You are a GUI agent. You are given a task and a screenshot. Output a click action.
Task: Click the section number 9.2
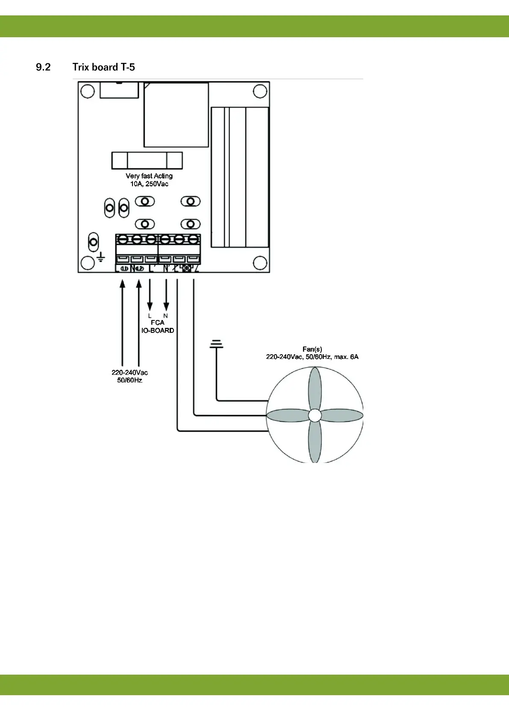43,67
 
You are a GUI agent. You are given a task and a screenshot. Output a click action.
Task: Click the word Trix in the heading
81,67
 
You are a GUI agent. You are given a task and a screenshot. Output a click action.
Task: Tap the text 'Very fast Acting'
149,176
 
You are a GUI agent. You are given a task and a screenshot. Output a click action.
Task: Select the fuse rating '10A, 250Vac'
149,184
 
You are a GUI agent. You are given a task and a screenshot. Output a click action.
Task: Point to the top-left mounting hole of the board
88,92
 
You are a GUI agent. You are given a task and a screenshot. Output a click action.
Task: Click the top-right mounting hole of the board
260,91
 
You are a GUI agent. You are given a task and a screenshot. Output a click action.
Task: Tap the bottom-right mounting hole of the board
260,263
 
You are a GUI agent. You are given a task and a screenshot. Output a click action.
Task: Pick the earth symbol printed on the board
101,257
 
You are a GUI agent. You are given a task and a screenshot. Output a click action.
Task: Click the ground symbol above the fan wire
217,344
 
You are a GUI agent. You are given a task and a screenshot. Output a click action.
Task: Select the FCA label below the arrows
157,323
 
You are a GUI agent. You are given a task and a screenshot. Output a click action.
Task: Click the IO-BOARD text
158,331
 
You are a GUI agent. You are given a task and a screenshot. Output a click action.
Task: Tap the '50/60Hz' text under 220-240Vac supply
129,380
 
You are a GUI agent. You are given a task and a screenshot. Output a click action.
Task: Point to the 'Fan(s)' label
312,349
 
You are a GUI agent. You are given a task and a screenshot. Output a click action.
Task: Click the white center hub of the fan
315,415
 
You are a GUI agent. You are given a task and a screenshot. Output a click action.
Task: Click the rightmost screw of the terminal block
193,239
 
